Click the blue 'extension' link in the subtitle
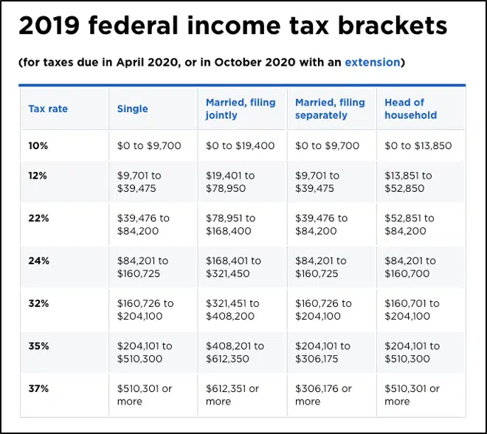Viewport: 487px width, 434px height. pos(372,63)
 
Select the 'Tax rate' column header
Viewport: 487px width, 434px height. pos(48,108)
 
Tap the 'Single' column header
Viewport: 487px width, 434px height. pos(133,108)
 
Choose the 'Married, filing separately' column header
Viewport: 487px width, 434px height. pos(330,108)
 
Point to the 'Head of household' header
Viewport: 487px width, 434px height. pos(410,108)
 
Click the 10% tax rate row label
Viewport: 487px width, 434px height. pos(38,146)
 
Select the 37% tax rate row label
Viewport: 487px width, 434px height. pos(38,389)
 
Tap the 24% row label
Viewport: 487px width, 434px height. pos(38,261)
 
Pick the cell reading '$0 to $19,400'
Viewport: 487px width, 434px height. pos(240,146)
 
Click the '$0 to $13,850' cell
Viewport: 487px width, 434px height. pos(418,146)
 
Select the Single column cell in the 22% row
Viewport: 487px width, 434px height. pos(143,224)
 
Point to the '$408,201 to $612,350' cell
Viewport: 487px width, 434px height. pos(233,352)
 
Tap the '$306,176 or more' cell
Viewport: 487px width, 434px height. pos(324,395)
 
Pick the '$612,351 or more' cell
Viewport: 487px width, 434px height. pos(233,395)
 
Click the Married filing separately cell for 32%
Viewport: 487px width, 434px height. pos(324,309)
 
